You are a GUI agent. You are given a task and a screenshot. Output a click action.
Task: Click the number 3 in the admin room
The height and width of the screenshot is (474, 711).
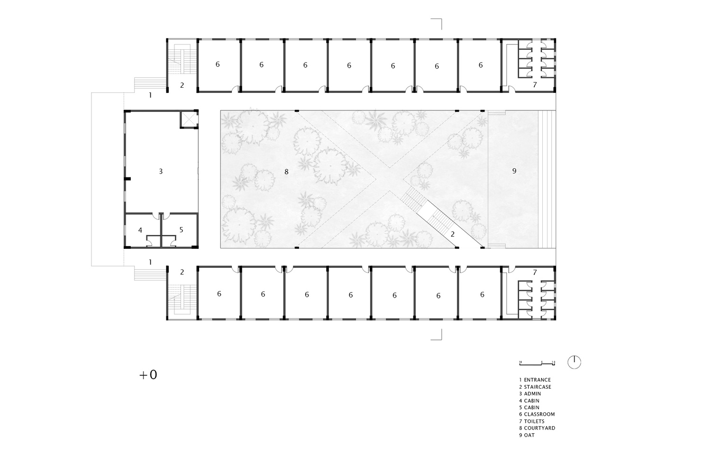[161, 171]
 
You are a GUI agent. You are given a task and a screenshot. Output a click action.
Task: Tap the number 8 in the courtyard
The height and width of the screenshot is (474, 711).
[286, 172]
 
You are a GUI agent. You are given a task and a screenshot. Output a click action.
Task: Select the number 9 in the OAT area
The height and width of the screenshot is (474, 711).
[514, 171]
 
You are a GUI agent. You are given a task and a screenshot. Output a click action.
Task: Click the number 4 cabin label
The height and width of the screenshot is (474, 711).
[140, 230]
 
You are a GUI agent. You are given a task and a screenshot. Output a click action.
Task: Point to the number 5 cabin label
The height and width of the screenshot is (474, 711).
[181, 230]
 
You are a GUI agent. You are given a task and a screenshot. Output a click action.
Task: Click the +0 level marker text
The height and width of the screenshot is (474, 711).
[148, 375]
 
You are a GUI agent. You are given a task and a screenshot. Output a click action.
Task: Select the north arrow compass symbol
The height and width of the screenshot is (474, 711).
[574, 362]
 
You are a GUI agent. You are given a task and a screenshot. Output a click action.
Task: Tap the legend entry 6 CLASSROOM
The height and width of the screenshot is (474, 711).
[537, 414]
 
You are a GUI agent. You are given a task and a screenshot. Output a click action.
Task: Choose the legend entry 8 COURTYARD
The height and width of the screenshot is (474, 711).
[537, 428]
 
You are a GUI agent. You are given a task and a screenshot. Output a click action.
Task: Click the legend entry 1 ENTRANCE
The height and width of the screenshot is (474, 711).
[535, 380]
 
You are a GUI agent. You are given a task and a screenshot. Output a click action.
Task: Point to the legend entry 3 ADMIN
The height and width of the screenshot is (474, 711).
[530, 393]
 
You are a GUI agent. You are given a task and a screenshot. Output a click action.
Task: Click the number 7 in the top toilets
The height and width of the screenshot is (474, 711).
[535, 85]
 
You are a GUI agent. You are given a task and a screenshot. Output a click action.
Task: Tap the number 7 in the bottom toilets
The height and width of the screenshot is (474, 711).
[535, 273]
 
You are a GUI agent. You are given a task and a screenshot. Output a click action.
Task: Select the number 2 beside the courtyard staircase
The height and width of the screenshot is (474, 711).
[453, 234]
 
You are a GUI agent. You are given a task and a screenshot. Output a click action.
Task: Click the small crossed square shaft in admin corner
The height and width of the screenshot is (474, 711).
[189, 119]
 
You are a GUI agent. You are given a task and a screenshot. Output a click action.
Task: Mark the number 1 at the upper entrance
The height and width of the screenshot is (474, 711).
[150, 95]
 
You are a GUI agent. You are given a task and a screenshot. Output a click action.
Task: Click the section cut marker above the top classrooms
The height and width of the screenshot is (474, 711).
[437, 23]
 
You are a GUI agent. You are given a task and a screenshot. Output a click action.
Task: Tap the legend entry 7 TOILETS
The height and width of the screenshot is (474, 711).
[531, 421]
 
